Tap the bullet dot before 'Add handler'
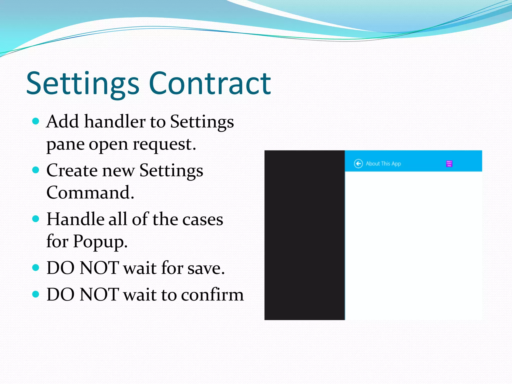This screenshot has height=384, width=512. pos(36,121)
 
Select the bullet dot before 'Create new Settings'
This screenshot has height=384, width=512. pos(36,170)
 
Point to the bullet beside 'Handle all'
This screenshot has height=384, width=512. pos(36,219)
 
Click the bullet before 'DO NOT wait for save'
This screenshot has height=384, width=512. pos(36,268)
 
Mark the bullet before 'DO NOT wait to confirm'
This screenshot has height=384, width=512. pos(36,294)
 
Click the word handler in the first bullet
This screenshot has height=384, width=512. pos(115,121)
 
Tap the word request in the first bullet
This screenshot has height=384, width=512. pos(164,144)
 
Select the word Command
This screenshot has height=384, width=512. pos(90,193)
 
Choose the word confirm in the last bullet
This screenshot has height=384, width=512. pos(212,294)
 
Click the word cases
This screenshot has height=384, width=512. pos(202,219)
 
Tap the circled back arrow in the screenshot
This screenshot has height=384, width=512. pos(358,164)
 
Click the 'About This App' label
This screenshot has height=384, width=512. pos(383,164)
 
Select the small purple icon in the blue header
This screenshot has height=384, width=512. pos(449,164)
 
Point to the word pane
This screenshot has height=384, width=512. pos(65,145)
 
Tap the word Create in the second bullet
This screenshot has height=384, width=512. pos(72,170)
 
